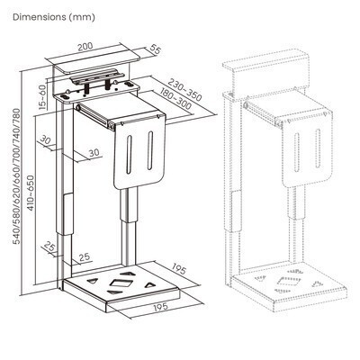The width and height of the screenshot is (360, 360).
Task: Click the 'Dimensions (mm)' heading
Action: point(54,17)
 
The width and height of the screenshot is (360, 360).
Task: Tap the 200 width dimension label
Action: point(85,47)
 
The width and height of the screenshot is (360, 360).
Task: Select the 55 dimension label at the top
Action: point(155,49)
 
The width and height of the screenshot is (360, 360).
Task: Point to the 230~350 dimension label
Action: point(184,90)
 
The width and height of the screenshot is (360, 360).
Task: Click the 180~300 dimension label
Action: point(175,99)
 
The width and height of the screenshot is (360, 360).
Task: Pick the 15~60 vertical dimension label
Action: point(42,96)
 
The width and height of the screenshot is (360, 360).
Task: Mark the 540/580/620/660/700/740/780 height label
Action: point(17,176)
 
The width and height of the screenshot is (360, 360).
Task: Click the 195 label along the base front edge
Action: point(161,308)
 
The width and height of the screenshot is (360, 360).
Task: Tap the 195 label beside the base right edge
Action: point(179,269)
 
